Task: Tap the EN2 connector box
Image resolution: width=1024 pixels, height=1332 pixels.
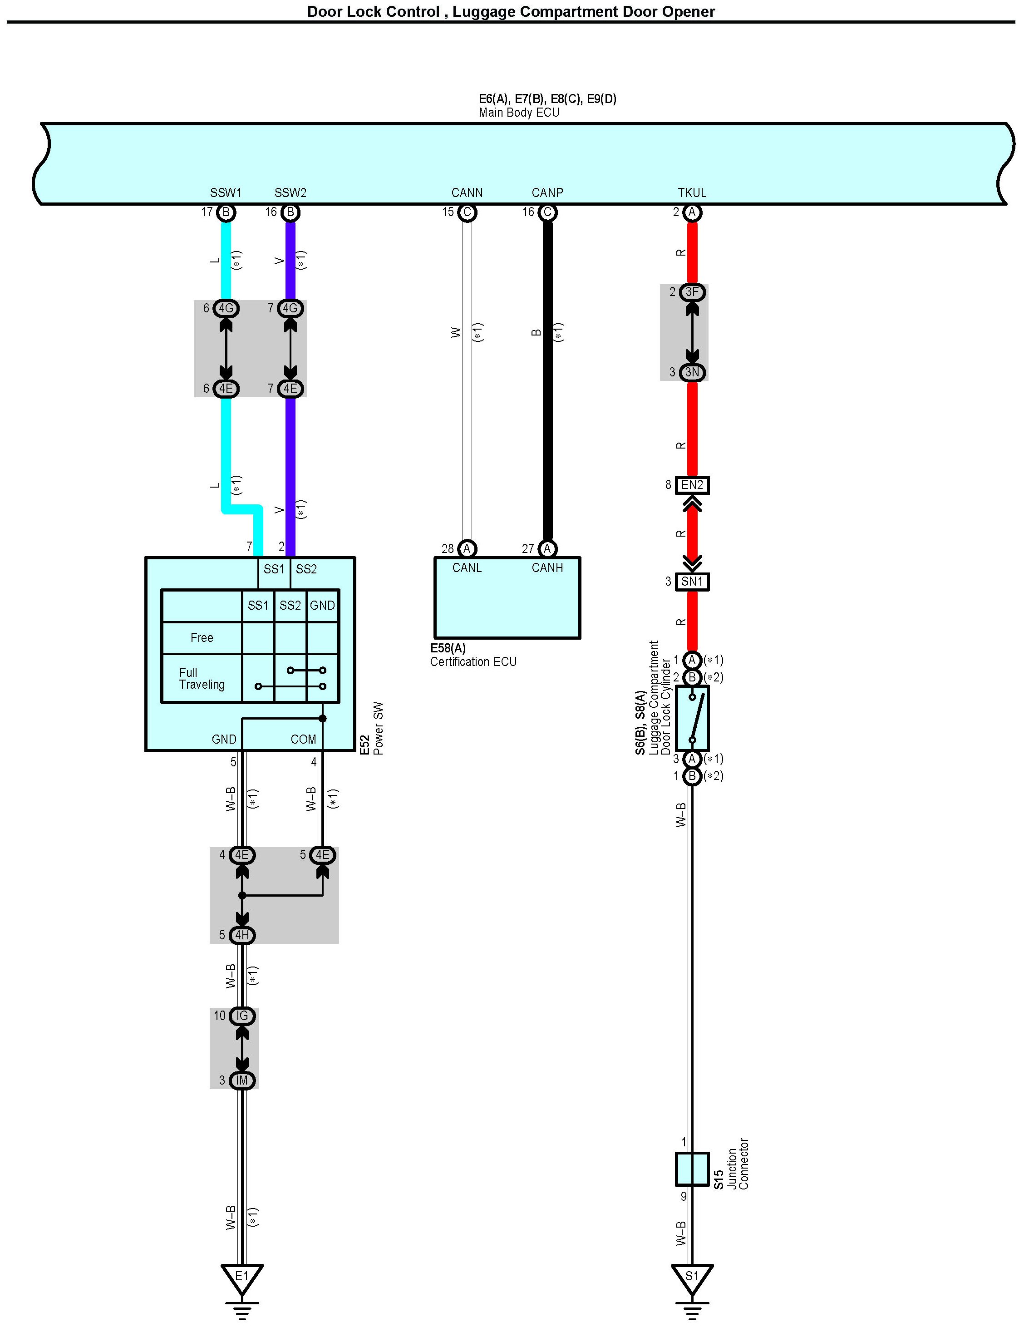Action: pyautogui.click(x=692, y=485)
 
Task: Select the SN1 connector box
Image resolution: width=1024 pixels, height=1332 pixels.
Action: pyautogui.click(x=692, y=582)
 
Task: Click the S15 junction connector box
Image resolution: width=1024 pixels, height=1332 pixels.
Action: pyautogui.click(x=692, y=1169)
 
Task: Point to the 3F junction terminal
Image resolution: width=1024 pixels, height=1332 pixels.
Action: pyautogui.click(x=692, y=292)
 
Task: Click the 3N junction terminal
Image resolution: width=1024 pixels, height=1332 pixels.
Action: pyautogui.click(x=692, y=372)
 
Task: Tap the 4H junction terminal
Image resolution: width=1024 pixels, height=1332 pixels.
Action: pyautogui.click(x=242, y=934)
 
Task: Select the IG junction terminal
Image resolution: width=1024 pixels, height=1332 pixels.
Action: pyautogui.click(x=242, y=1016)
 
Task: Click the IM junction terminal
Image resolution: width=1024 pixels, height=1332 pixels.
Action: pyautogui.click(x=242, y=1080)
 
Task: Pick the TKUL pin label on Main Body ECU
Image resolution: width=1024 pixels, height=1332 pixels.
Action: pyautogui.click(x=692, y=192)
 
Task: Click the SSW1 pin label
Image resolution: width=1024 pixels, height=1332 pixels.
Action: pyautogui.click(x=226, y=192)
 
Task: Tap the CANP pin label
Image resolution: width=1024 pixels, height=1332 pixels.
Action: pyautogui.click(x=547, y=192)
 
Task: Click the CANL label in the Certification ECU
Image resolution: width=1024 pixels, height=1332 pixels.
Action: pyautogui.click(x=467, y=567)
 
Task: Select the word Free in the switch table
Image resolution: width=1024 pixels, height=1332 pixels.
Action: pyautogui.click(x=202, y=638)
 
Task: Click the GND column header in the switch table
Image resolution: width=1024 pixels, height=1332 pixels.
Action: pyautogui.click(x=322, y=605)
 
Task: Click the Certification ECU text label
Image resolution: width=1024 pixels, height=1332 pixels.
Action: pyautogui.click(x=473, y=661)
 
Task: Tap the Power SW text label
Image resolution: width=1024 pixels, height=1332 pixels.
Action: pyautogui.click(x=379, y=729)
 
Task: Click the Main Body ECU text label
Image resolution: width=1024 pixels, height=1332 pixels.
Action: pyautogui.click(x=519, y=112)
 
